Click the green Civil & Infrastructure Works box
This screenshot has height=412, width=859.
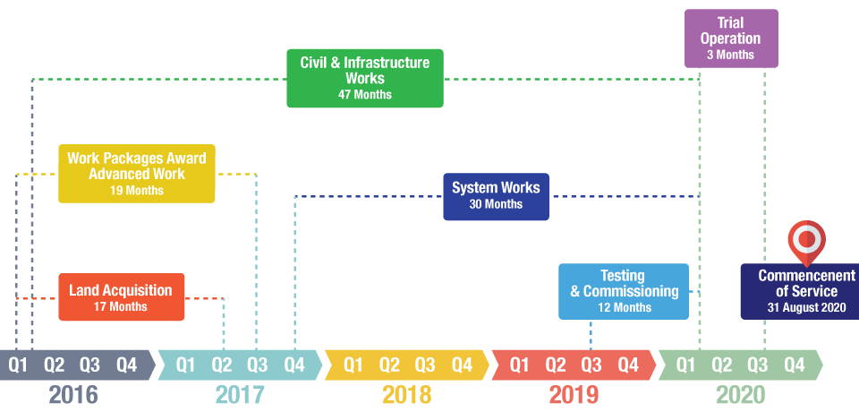coord(364,78)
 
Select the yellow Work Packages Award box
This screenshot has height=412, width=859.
coord(136,173)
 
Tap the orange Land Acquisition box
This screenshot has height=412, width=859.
coord(121,296)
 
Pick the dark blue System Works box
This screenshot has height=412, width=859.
coord(496,195)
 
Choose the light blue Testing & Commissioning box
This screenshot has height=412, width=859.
coord(623,291)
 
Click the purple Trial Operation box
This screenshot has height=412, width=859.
coord(730,39)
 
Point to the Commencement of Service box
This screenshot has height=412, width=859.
coord(799,291)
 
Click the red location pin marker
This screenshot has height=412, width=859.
coord(806,239)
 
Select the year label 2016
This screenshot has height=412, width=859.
coord(73,394)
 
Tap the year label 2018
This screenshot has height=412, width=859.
coord(406,394)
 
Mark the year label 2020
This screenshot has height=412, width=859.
coord(740,394)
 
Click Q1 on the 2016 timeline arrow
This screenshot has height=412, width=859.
coord(18,365)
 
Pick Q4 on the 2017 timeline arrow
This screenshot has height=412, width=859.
coord(294,365)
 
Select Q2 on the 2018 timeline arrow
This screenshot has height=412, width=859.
coord(389,365)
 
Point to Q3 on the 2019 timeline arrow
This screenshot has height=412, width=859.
coord(591,365)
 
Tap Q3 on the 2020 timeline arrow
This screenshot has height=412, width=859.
coord(758,365)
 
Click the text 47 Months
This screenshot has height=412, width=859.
coord(364,95)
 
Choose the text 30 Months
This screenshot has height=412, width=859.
coord(496,204)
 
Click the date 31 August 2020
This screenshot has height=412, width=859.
coord(805,307)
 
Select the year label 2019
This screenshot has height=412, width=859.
coord(574,394)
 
